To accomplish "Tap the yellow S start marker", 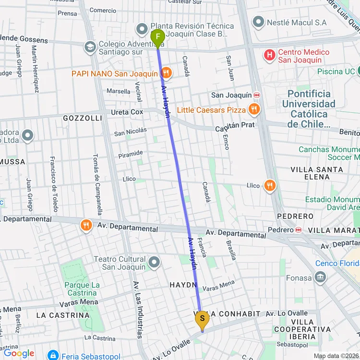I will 202,319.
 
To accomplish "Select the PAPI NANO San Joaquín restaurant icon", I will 166,73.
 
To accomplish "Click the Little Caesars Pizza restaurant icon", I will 254,109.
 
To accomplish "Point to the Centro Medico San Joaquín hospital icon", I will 270,56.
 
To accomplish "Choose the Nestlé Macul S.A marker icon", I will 258,22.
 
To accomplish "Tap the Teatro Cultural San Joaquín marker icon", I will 154,262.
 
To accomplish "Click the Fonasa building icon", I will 320,277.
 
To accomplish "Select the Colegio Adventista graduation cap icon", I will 90,47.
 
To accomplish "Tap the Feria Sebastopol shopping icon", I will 53,355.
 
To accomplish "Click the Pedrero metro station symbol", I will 298,230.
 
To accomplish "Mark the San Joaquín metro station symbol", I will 257,95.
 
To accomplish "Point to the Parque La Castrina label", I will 82,289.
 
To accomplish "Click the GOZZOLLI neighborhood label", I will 83,118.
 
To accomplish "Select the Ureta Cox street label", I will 127,112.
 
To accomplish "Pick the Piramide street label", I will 131,154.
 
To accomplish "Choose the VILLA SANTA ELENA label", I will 317,173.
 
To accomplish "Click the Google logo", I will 19,354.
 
